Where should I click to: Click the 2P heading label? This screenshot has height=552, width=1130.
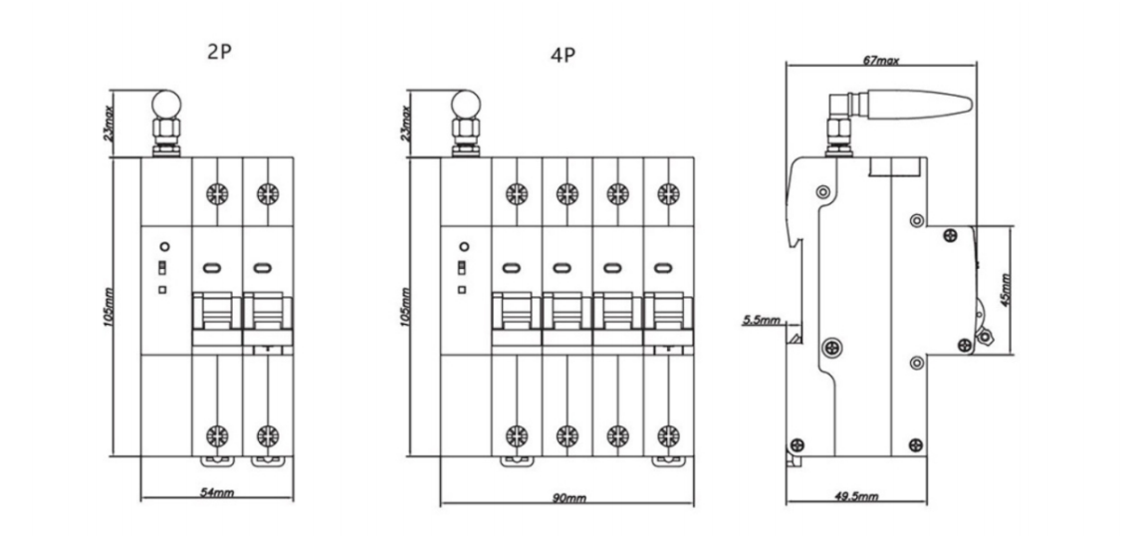[x=219, y=53]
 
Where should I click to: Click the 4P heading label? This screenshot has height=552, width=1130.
[x=564, y=56]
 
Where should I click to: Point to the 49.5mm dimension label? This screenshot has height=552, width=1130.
[x=856, y=495]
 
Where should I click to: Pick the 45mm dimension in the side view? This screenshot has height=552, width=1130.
[x=1005, y=289]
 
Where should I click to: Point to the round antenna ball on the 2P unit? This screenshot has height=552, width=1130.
[x=164, y=103]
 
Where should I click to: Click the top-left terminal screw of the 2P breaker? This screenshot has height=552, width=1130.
[x=214, y=193]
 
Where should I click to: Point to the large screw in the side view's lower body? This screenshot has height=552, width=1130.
[x=831, y=348]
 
